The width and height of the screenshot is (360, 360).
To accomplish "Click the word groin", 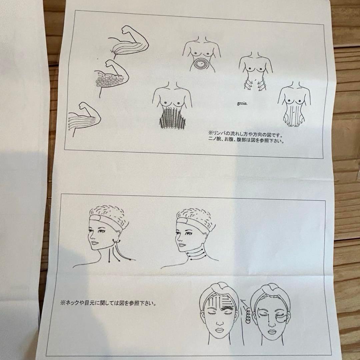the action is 242,103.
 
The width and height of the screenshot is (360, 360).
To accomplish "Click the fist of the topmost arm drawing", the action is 128,30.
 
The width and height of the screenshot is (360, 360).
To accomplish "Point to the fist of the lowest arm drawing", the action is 84,106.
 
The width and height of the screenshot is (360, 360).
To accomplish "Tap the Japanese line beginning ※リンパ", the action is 245,133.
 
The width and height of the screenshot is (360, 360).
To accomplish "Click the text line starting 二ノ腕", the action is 246,140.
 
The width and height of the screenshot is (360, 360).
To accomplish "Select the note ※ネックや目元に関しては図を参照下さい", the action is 109,303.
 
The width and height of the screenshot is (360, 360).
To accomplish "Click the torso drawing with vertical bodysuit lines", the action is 294,104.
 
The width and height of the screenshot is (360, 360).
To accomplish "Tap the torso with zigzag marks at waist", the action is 255,71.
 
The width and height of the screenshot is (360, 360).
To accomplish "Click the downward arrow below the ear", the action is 109,255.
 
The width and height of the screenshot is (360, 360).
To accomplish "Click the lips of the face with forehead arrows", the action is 219,330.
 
